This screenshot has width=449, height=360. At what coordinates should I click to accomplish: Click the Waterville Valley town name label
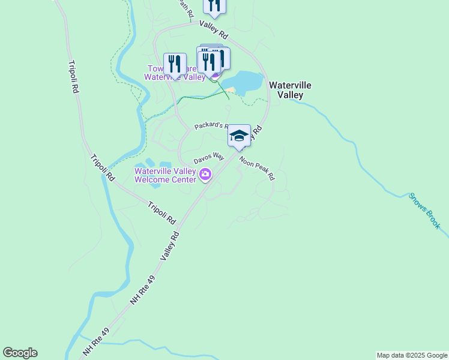290,90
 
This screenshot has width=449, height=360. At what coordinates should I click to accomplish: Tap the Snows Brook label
424,211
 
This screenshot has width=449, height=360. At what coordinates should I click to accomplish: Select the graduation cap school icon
239,136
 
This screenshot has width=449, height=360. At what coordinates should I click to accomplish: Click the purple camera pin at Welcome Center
205,175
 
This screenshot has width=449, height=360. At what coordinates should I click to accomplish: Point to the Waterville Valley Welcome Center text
165,175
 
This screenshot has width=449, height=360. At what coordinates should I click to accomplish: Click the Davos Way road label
208,158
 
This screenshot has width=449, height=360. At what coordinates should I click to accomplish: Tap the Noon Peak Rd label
257,169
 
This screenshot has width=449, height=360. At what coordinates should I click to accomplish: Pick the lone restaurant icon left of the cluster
175,63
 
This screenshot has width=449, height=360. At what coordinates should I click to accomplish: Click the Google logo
20,353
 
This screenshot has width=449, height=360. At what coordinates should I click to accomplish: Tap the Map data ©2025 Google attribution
412,355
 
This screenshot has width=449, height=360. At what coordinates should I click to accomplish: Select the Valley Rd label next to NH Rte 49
170,246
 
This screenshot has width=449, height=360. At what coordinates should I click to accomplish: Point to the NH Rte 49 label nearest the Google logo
97,342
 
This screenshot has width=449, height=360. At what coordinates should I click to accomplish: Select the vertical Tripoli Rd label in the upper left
73,76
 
